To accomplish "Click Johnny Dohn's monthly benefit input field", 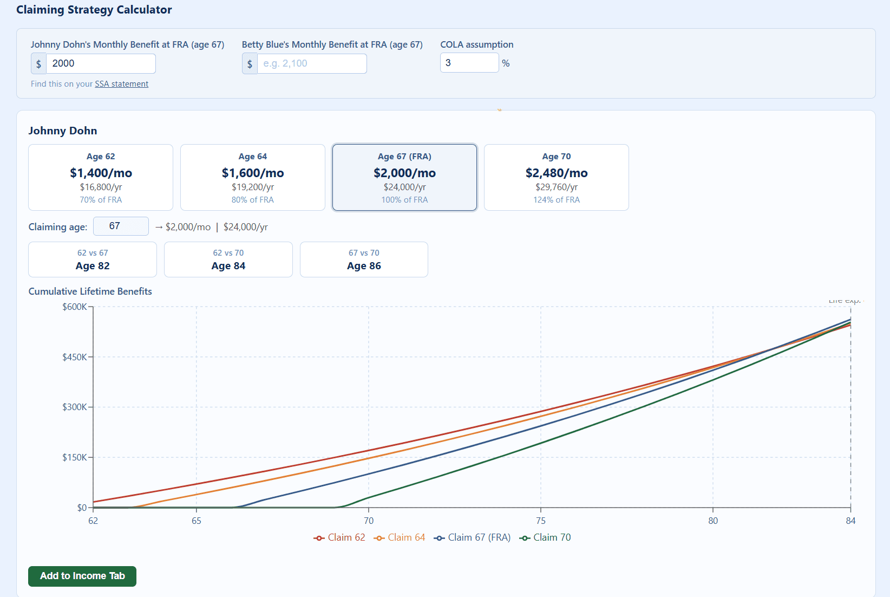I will (101, 63).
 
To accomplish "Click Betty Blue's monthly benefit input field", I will (312, 63).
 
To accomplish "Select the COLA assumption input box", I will (469, 63).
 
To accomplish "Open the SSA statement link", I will (121, 84).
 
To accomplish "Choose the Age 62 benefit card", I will (101, 177).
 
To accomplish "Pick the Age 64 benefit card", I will (253, 177).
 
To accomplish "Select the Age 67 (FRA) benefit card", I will (404, 177).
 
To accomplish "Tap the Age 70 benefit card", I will (557, 177).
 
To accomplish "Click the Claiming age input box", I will (121, 226).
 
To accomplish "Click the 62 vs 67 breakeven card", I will (93, 259).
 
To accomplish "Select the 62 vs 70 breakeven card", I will (228, 259).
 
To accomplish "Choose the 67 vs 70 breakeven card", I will (364, 259).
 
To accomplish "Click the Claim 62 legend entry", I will (340, 537).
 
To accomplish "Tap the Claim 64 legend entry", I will (400, 537).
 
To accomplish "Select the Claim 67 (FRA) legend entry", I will (473, 537).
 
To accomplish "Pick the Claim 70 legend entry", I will (545, 537).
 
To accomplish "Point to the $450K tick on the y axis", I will (75, 357).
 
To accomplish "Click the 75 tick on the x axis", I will (541, 521).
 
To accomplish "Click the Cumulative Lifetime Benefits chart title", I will (90, 291).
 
